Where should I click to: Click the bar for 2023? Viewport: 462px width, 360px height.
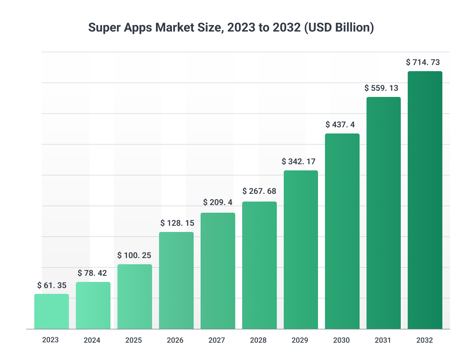(x=52, y=312)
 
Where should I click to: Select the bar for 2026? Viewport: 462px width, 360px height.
(x=176, y=280)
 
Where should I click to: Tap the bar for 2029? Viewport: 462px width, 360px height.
(x=301, y=250)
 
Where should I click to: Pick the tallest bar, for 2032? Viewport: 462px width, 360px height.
(x=425, y=200)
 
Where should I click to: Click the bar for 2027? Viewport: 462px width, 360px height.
(x=218, y=271)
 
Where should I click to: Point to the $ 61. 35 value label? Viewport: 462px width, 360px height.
(x=52, y=285)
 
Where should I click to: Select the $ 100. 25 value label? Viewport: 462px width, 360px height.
(x=134, y=255)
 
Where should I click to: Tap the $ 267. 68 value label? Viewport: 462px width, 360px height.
(x=259, y=191)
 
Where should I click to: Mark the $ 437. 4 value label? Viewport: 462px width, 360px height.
(x=342, y=125)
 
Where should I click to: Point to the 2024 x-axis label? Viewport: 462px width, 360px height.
(x=92, y=340)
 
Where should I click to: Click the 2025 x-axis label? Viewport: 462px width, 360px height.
(x=134, y=340)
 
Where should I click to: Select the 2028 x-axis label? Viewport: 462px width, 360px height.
(x=258, y=340)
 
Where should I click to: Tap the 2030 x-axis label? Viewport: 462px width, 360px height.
(x=341, y=340)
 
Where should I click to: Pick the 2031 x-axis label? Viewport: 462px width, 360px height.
(x=383, y=340)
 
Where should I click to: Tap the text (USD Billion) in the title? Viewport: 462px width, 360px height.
(x=338, y=28)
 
